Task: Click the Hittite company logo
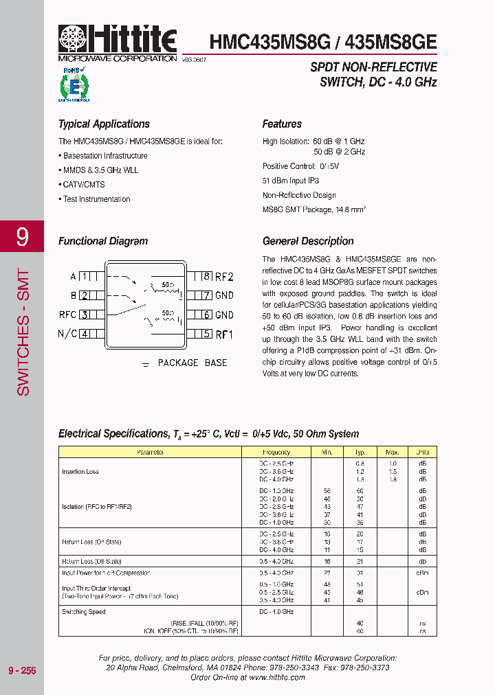(118, 43)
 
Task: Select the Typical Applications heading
(104, 124)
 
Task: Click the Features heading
(282, 124)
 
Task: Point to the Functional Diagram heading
(103, 241)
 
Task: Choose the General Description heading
(308, 241)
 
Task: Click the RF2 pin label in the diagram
(224, 277)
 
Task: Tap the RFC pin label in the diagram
(67, 315)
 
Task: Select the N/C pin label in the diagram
(67, 334)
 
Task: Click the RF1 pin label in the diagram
(224, 334)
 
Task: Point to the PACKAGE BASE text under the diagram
(192, 363)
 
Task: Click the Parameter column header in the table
(150, 453)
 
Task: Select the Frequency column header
(276, 453)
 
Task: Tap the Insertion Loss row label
(80, 472)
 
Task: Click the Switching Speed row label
(83, 611)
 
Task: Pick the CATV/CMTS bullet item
(83, 185)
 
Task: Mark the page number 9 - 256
(21, 670)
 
